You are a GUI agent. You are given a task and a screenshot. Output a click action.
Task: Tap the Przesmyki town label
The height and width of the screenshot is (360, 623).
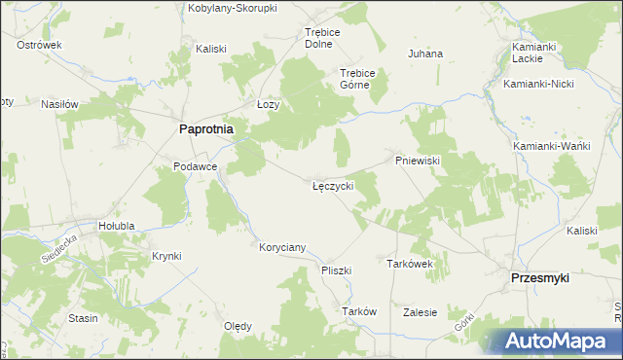pyautogui.click(x=540, y=277)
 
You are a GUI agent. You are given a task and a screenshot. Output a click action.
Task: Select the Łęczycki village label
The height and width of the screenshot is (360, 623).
pyautogui.click(x=333, y=184)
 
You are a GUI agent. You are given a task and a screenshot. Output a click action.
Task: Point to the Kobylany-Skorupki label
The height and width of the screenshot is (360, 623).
pyautogui.click(x=233, y=8)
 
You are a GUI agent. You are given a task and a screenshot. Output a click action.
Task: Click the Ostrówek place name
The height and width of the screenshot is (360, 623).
pyautogui.click(x=39, y=45)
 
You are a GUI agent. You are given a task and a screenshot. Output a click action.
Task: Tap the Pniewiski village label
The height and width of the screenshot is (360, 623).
pyautogui.click(x=419, y=160)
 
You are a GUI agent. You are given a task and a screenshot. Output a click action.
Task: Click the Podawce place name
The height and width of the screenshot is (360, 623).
pyautogui.click(x=194, y=166)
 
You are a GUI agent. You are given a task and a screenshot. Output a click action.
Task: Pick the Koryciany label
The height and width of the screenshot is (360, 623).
pyautogui.click(x=282, y=247)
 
